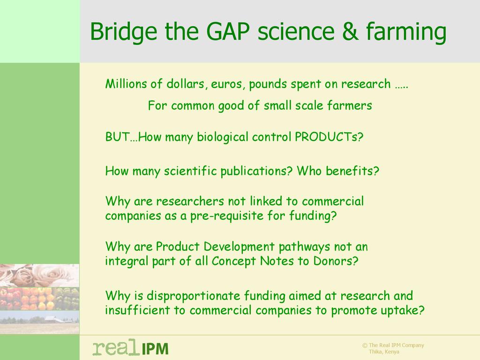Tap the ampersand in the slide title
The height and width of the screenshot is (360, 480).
pyautogui.click(x=350, y=31)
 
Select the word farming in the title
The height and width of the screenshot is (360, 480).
pyautogui.click(x=406, y=33)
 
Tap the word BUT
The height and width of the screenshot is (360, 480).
pyautogui.click(x=117, y=136)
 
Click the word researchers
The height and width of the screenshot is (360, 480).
pyautogui.click(x=190, y=201)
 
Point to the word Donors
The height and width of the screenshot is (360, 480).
pyautogui.click(x=336, y=261)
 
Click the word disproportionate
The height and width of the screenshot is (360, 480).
pyautogui.click(x=194, y=296)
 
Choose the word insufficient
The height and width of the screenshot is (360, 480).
pyautogui.click(x=137, y=310)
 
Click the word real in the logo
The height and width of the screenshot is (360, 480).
pyautogui.click(x=114, y=347)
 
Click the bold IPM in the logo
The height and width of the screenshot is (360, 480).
pyautogui.click(x=155, y=349)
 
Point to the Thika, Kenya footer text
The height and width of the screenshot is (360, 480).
pyautogui.click(x=384, y=352)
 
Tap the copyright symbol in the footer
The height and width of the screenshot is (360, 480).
pyautogui.click(x=365, y=345)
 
